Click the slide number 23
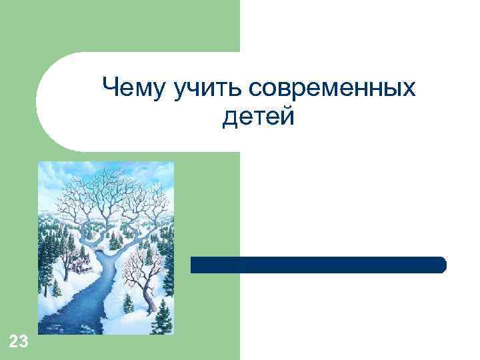[19, 343]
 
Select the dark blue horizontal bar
[319, 265]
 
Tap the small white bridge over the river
[99, 247]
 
